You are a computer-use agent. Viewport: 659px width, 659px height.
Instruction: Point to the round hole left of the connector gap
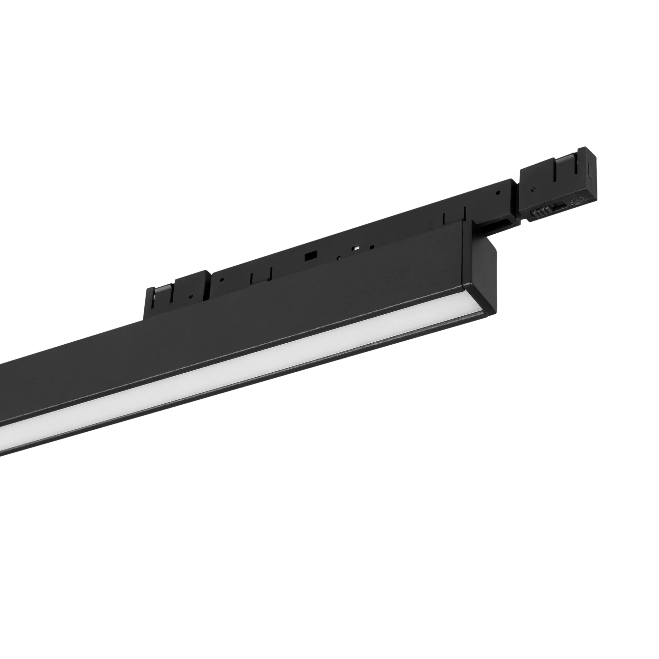pyautogui.click(x=498, y=193)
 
